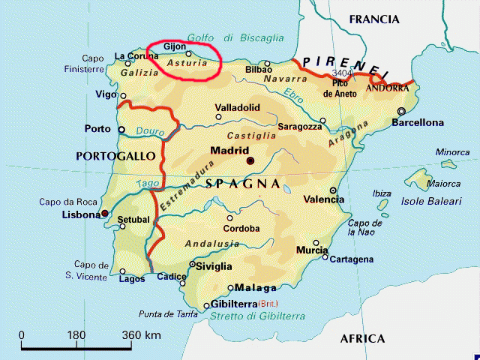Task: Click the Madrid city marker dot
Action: click(x=250, y=160)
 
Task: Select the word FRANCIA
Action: click(x=375, y=19)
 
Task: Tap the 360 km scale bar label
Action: click(x=142, y=334)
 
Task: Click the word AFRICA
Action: click(x=362, y=339)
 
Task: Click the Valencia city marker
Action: click(x=333, y=190)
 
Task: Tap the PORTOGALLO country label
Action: click(x=115, y=156)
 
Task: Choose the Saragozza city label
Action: click(x=300, y=127)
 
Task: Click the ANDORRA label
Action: click(x=387, y=88)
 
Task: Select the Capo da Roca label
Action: click(x=67, y=201)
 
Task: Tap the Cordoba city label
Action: click(x=241, y=229)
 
